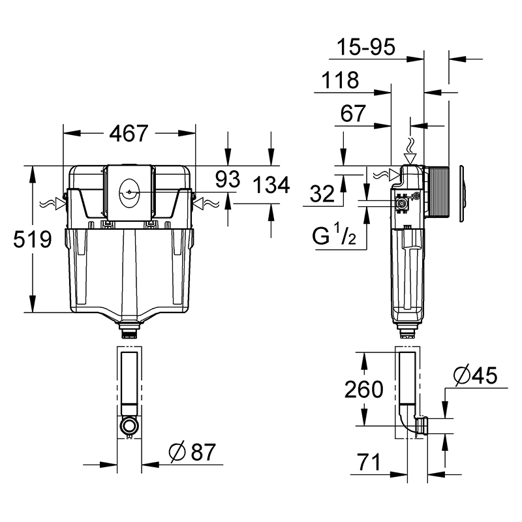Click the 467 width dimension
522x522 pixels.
(129, 133)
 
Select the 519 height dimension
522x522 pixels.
(32, 239)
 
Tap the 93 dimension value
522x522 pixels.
(227, 179)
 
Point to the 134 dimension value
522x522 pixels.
(271, 185)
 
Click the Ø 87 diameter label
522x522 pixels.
(192, 452)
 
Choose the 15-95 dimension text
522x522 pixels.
(366, 46)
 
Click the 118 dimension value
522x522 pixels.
(340, 80)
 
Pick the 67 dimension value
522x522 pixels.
(353, 113)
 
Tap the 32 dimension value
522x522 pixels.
(322, 194)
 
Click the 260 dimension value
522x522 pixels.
(364, 389)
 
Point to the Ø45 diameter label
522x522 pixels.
(476, 376)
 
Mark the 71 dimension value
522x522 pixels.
(369, 462)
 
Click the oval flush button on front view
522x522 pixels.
(129, 192)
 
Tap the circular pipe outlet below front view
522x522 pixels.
(129, 425)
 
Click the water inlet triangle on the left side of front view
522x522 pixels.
(60, 204)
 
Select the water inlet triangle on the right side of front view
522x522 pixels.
(198, 204)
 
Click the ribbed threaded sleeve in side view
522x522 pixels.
(438, 192)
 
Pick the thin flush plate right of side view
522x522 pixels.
(463, 193)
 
